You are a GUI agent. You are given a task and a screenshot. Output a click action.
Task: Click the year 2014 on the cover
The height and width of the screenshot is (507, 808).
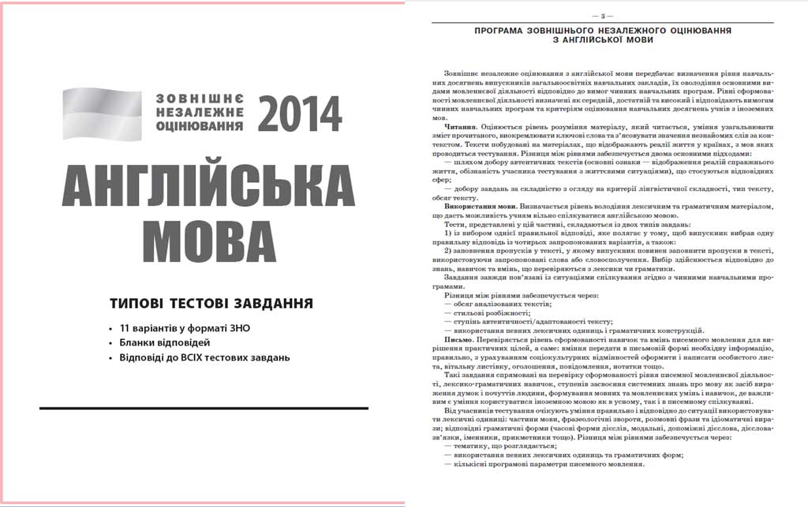click(299, 114)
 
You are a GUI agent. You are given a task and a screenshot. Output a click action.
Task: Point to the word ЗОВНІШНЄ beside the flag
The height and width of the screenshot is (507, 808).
click(200, 99)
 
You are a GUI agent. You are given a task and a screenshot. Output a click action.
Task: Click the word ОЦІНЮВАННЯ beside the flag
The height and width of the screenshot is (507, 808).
click(200, 126)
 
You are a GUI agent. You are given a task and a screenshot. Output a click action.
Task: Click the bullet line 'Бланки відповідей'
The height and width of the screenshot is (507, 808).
click(165, 342)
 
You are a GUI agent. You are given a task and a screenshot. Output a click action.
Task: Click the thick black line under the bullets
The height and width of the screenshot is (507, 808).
click(203, 408)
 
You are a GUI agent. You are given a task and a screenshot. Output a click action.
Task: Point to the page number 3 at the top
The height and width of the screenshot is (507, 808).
click(602, 16)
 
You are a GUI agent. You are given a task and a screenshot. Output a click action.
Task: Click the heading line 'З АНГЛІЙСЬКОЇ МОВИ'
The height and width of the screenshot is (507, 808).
click(602, 39)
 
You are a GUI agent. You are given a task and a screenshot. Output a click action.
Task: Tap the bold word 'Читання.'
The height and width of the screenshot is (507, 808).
click(461, 126)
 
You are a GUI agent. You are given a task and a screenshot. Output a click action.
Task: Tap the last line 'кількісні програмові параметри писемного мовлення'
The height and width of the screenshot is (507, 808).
click(544, 464)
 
